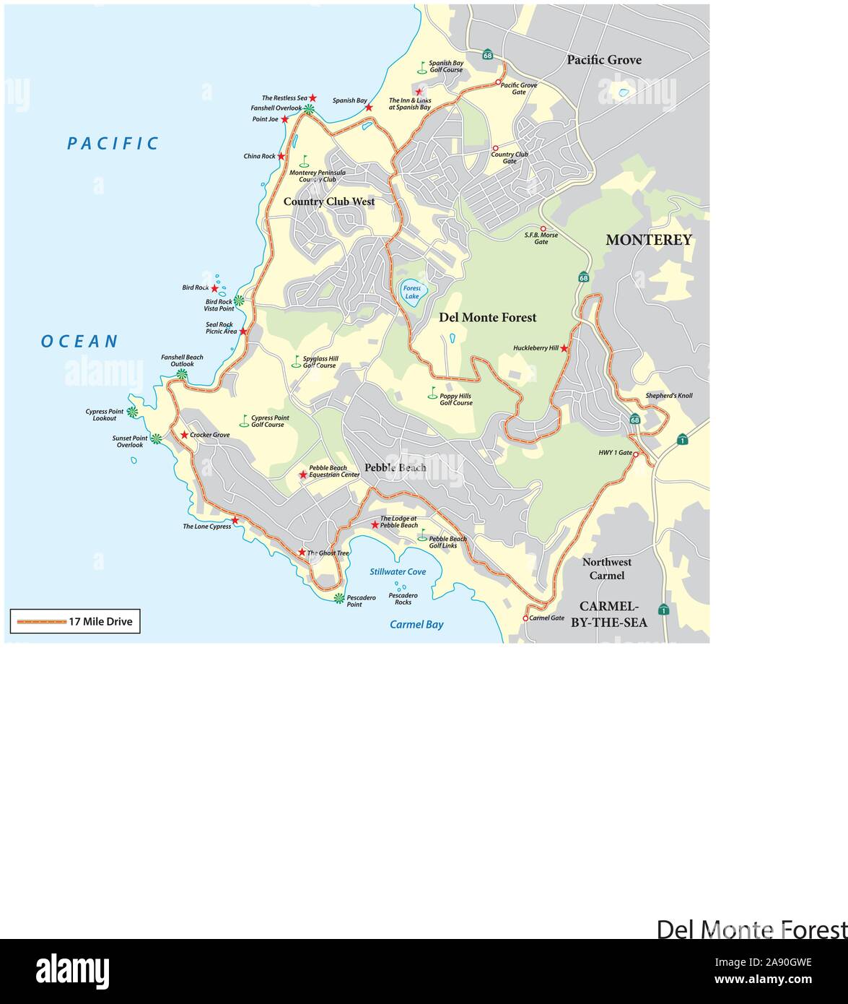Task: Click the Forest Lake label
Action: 412,292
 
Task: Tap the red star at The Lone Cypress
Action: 235,520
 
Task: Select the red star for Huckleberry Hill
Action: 564,349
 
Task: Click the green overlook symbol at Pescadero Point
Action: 338,598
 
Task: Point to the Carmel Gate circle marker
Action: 525,618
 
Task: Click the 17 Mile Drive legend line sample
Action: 41,621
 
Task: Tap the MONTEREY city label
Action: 648,240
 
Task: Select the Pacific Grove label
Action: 603,60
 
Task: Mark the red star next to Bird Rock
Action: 214,288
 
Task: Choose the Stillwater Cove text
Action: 398,571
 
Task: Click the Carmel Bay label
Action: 416,625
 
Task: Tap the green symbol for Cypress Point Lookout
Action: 132,412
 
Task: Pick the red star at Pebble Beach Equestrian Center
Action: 302,475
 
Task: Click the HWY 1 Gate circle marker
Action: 636,454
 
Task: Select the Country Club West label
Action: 328,202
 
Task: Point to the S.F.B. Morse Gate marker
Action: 543,228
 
